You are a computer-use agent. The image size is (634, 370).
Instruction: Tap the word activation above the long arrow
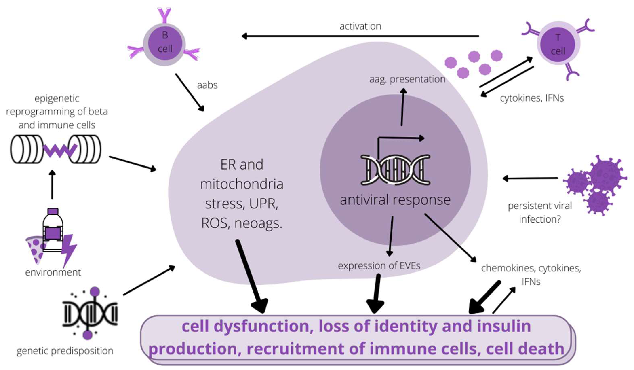(x=360, y=26)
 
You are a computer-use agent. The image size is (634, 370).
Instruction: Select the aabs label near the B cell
(x=207, y=85)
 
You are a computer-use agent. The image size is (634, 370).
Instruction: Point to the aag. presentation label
(x=407, y=79)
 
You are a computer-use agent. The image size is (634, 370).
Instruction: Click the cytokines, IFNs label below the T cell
(x=532, y=98)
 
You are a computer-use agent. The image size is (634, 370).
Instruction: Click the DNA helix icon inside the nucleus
(x=395, y=170)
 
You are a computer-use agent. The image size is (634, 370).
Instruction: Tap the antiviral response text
(x=395, y=200)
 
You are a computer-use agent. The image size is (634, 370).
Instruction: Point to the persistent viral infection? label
(x=540, y=212)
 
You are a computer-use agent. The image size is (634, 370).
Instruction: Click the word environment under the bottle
(x=53, y=272)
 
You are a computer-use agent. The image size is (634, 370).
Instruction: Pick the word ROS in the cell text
(x=214, y=223)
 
